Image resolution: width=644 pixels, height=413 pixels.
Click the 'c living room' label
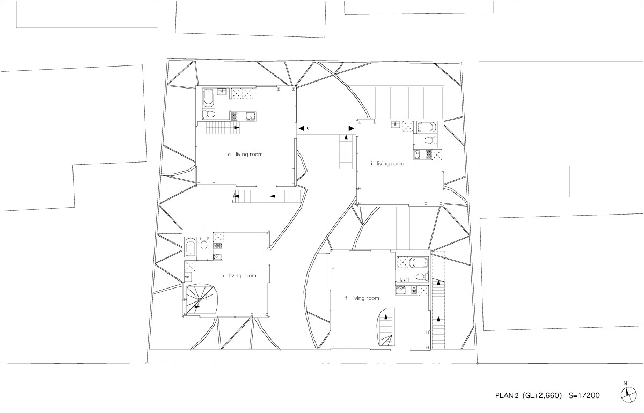coord(245,154)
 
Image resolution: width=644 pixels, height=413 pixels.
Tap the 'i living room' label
coord(387,164)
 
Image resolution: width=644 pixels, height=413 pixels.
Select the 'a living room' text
coord(239,276)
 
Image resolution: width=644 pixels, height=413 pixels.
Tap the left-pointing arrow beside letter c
coord(301,128)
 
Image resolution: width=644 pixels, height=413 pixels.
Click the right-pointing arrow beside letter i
coord(350,128)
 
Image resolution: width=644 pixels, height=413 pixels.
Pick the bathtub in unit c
coord(209,98)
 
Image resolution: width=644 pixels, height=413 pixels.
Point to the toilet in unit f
coord(421,277)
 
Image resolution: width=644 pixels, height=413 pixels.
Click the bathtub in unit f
coord(419,263)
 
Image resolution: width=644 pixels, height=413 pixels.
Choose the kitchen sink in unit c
coord(250,115)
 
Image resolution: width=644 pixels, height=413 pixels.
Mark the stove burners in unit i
coord(428,154)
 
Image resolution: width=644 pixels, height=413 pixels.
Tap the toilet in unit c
coord(210,114)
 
